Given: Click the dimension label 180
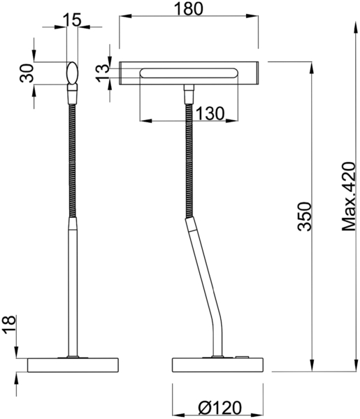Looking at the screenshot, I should point(188,9).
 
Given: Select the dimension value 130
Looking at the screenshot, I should point(210,112).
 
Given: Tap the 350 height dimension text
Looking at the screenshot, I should point(303,216).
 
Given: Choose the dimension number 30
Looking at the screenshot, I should point(27,73).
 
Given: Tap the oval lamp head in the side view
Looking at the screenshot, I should point(72,73).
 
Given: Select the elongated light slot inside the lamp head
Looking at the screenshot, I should point(189,73).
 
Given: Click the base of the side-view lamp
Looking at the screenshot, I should point(73,366).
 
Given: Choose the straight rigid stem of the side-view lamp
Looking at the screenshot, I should point(71,286).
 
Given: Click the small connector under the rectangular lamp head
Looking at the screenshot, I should point(188,93).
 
